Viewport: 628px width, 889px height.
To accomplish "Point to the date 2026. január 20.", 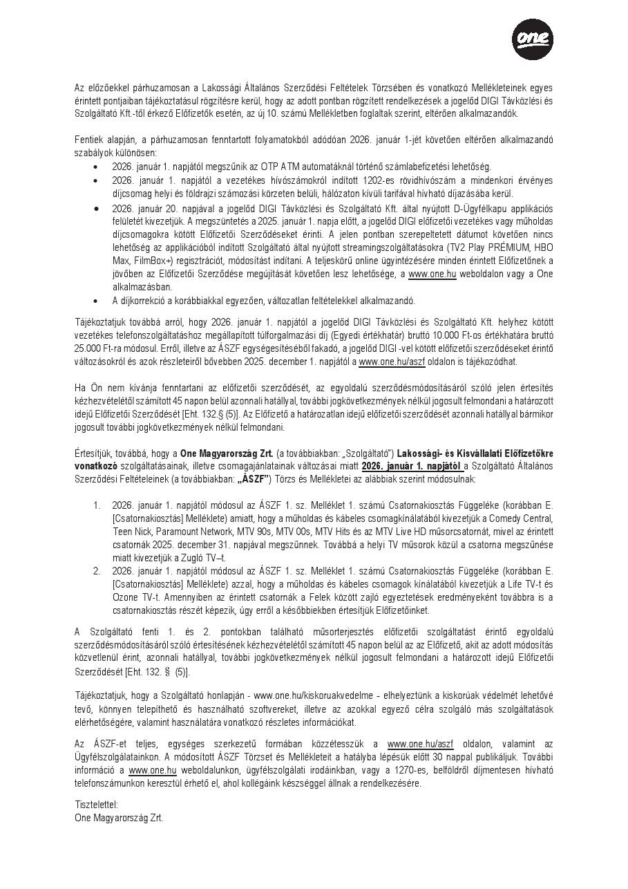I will pos(144,208).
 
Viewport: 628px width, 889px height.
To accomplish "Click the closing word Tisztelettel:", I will pos(96,804).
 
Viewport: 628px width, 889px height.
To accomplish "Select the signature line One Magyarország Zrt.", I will pos(119,817).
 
